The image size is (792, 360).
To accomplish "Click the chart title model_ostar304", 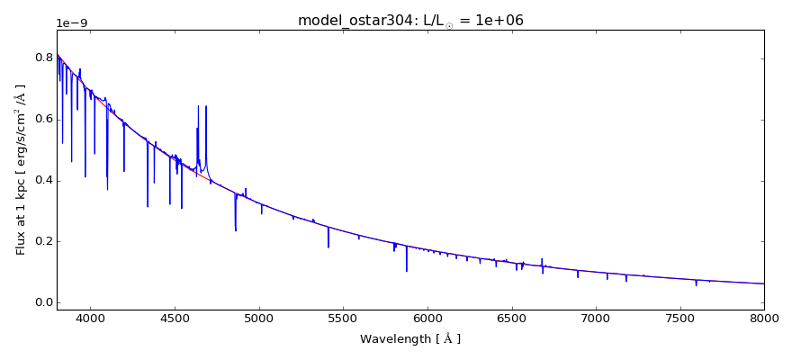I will pos(410,20).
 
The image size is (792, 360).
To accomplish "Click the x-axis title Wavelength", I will pos(410,339).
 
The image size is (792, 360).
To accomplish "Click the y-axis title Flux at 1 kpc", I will pos(21,169).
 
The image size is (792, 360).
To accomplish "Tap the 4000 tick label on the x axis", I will pos(90,319).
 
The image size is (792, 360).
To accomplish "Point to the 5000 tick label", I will pos(259,319).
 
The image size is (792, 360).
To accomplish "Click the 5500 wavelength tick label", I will pos(343,319).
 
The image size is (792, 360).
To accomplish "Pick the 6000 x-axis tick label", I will pos(427,319).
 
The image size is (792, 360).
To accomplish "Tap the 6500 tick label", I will pos(511,319).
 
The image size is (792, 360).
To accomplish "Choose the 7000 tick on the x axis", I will pos(596,319).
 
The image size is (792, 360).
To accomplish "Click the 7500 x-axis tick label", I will pos(679,319).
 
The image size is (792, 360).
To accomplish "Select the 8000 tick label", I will pos(764,319).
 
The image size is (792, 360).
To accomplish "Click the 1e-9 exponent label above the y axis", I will pos(73,23).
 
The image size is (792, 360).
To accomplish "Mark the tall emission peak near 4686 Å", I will pos(206,108).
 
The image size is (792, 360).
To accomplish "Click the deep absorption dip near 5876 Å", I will pos(406,269).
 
